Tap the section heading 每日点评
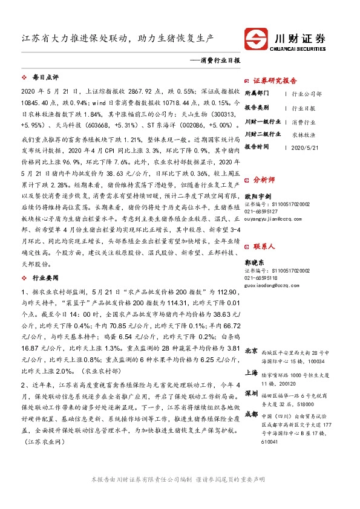pyautogui.click(x=45, y=77)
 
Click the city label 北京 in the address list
pyautogui.click(x=252, y=351)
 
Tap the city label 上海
pyautogui.click(x=252, y=374)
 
